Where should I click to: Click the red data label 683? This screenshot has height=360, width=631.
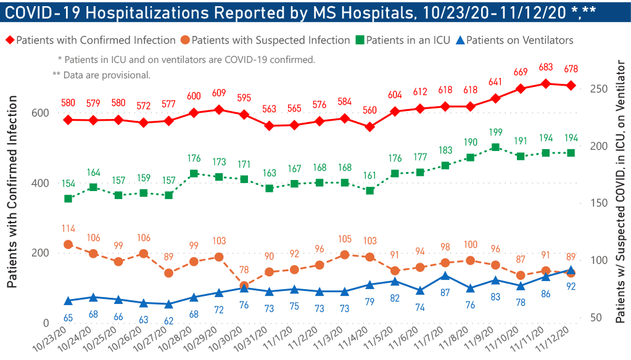point(546,67)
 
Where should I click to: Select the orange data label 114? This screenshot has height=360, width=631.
point(68,229)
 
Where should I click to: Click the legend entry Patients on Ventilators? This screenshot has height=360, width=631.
point(520,40)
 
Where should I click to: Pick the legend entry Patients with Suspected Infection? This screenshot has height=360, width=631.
point(271,40)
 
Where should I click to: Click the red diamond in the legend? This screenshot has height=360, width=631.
point(10,40)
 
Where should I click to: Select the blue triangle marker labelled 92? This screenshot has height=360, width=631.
point(571,271)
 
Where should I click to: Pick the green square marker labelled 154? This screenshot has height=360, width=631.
point(68,198)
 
